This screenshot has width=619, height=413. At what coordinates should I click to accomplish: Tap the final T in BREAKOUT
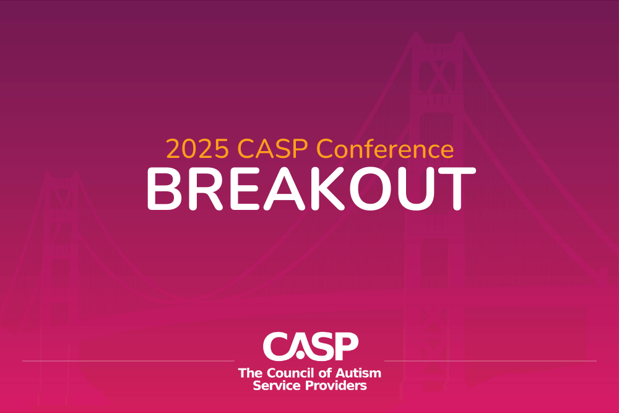456,188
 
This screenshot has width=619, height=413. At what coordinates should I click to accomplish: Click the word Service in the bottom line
276,385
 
